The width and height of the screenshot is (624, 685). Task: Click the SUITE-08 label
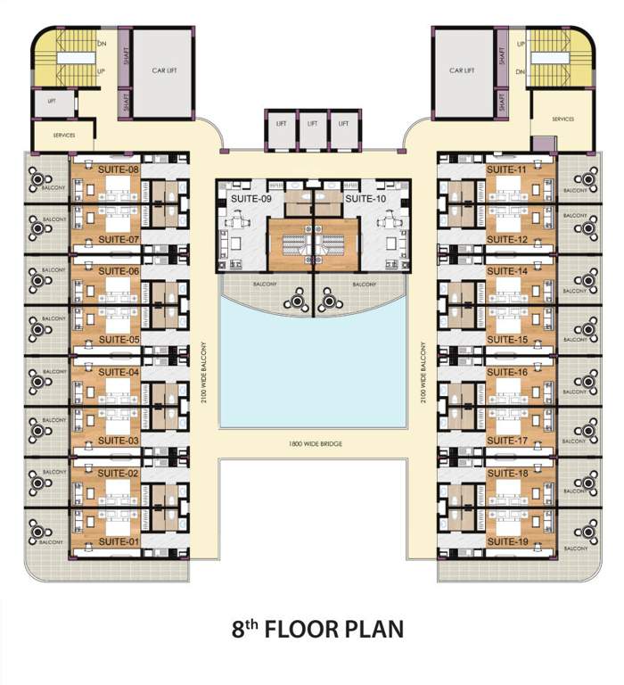119,169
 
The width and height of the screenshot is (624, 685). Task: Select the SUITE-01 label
119,541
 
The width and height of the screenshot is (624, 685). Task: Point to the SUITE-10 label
365,199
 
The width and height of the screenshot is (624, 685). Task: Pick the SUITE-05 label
119,340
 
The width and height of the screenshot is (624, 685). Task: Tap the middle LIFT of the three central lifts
312,125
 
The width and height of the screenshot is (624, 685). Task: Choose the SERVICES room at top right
562,119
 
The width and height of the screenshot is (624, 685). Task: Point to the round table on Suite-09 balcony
292,302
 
